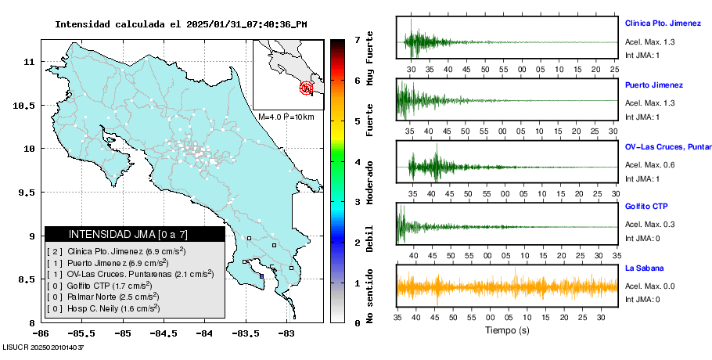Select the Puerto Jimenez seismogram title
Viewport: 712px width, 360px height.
point(654,85)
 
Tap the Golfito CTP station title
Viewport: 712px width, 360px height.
point(646,207)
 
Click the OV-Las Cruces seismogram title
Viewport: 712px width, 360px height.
point(667,146)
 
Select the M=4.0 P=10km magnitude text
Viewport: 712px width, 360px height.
point(286,117)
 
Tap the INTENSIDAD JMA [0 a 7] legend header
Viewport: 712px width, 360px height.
point(135,234)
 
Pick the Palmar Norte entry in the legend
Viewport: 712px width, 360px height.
point(102,297)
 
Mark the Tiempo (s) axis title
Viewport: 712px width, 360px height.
point(507,330)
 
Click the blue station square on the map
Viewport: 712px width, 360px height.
point(261,275)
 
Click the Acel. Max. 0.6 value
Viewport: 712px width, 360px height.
point(647,164)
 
